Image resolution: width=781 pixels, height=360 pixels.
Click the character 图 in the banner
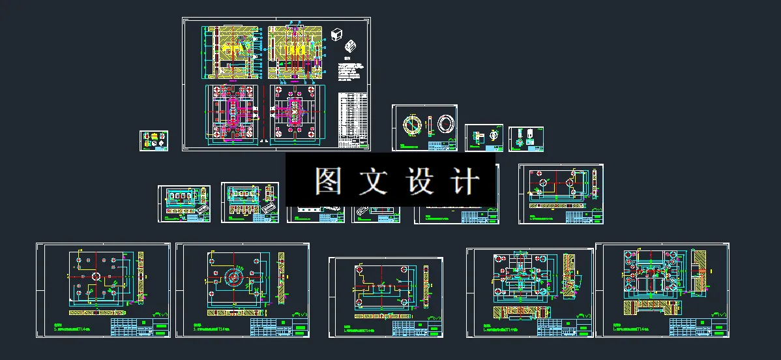pyautogui.click(x=329, y=181)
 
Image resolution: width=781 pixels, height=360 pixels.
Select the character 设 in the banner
pyautogui.click(x=420, y=181)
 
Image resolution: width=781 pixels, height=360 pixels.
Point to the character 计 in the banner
pyautogui.click(x=466, y=181)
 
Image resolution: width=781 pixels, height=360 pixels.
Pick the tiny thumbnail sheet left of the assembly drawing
pyautogui.click(x=153, y=141)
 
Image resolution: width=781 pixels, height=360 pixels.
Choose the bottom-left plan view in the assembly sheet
pyautogui.click(x=231, y=113)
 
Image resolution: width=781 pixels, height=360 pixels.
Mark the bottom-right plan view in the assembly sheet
pyautogui.click(x=297, y=115)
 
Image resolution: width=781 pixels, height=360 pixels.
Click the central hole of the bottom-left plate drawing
pyautogui.click(x=96, y=277)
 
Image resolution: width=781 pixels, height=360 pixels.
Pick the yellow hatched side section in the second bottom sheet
pyautogui.click(x=282, y=278)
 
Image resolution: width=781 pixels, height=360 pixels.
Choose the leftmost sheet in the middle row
pyautogui.click(x=184, y=203)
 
